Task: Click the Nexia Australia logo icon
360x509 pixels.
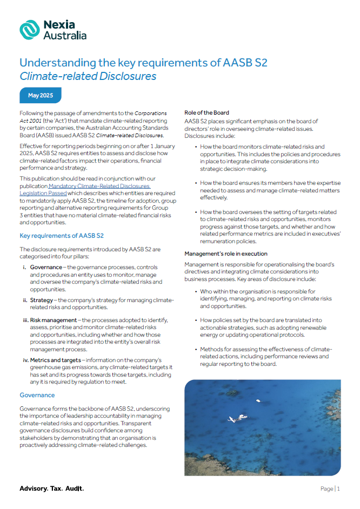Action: coord(29,30)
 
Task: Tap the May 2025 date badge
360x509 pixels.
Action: coord(41,96)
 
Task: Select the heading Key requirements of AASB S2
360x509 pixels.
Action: coord(61,236)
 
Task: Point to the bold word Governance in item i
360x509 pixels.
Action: coord(46,267)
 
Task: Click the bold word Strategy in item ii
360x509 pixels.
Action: coord(42,300)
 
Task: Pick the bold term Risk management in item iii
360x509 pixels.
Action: coord(53,320)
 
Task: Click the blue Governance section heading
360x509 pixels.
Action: coord(37,395)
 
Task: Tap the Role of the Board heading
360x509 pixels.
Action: coord(206,113)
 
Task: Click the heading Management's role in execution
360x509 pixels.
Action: coord(225,253)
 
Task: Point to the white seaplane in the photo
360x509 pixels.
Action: coord(237,418)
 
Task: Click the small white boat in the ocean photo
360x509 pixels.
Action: coord(258,400)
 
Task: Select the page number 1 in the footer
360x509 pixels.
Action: coord(338,488)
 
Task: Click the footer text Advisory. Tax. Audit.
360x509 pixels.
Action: coord(52,488)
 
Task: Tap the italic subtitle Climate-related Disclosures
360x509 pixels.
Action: coord(88,76)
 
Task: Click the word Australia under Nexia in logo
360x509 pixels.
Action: coord(65,36)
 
